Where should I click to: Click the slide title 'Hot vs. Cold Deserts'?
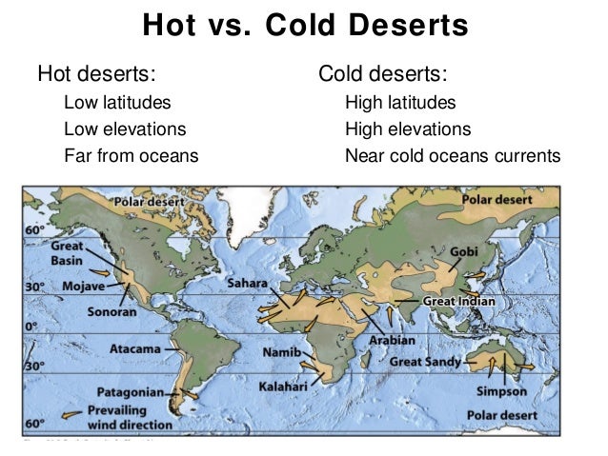click(x=305, y=25)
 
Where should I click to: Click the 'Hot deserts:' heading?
click(x=96, y=73)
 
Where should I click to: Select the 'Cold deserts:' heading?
click(x=382, y=73)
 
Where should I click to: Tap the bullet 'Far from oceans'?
click(x=131, y=155)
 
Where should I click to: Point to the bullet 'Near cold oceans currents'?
click(x=453, y=155)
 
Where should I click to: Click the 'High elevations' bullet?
click(x=408, y=129)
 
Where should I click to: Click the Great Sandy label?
click(x=426, y=363)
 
